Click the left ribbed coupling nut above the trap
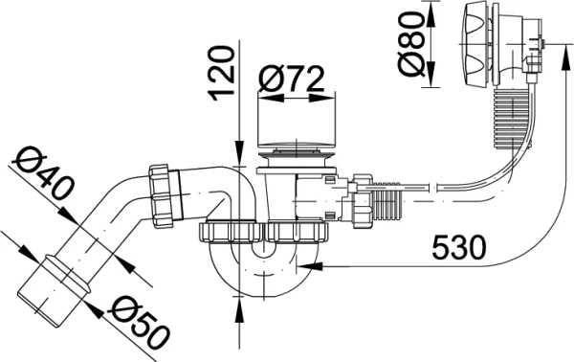[x=228, y=231]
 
